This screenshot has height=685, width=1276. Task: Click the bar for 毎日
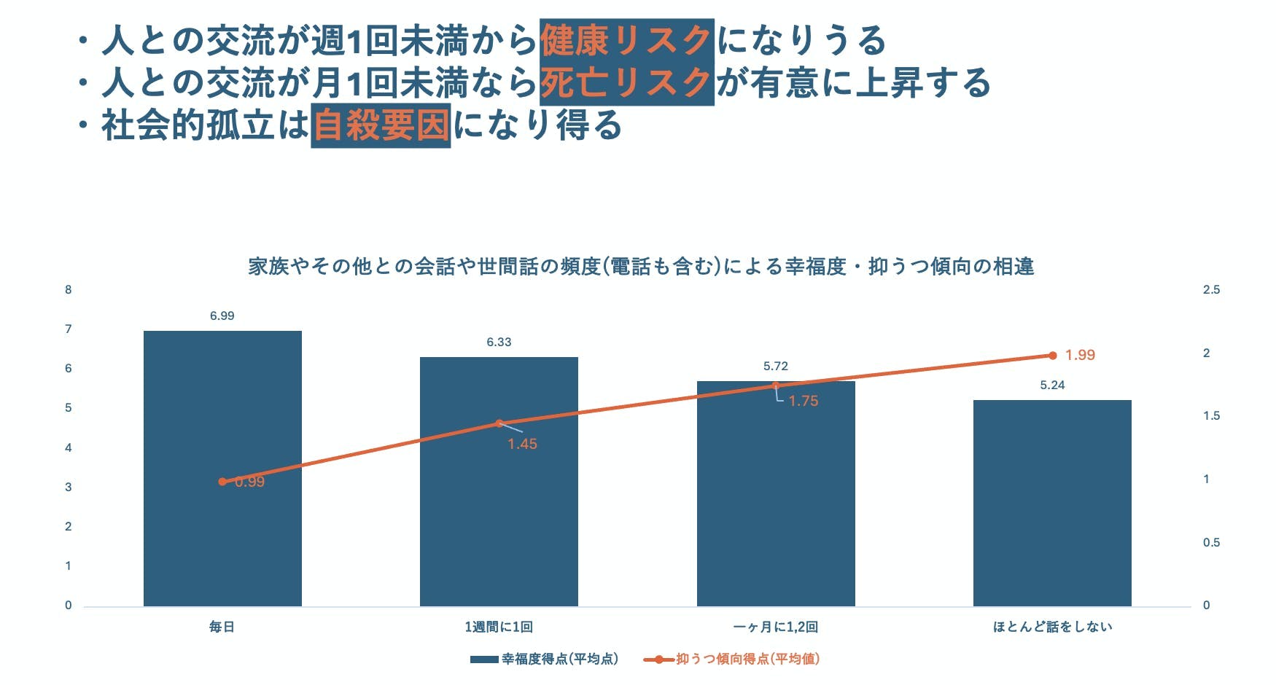click(222, 539)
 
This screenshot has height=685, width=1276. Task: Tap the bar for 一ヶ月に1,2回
click(776, 510)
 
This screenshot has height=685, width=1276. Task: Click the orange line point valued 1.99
click(1052, 356)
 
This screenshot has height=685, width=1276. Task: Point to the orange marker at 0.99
click(222, 482)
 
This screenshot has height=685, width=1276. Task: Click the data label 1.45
click(522, 444)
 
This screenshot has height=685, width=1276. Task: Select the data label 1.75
click(803, 401)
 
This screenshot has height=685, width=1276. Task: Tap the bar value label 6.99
click(222, 316)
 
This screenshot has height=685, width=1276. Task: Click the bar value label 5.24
click(1052, 385)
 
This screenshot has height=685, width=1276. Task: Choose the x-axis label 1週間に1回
click(499, 627)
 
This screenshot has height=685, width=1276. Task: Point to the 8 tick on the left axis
click(69, 289)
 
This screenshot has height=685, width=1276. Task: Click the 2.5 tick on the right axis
click(1211, 289)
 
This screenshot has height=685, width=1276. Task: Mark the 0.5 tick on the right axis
click(1211, 542)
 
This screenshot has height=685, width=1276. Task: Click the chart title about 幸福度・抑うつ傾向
click(641, 266)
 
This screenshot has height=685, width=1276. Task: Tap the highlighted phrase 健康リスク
click(626, 40)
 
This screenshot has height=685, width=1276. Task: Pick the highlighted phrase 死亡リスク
click(626, 83)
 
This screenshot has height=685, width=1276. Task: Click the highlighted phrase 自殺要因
click(381, 125)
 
